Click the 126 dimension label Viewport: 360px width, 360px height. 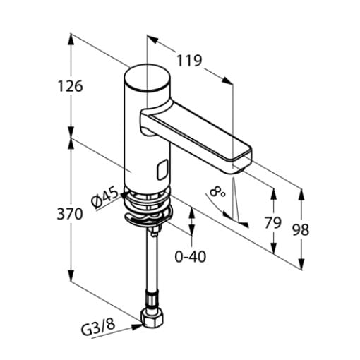(x=71, y=86)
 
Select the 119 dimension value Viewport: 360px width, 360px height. (x=189, y=61)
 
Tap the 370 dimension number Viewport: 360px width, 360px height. (x=70, y=214)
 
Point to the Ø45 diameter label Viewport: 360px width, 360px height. (x=104, y=198)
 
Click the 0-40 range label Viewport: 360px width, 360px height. (x=191, y=256)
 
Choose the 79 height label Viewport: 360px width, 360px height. (x=273, y=222)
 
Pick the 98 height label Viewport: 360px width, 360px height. (x=301, y=230)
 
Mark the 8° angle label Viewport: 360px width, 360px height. (x=217, y=191)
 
